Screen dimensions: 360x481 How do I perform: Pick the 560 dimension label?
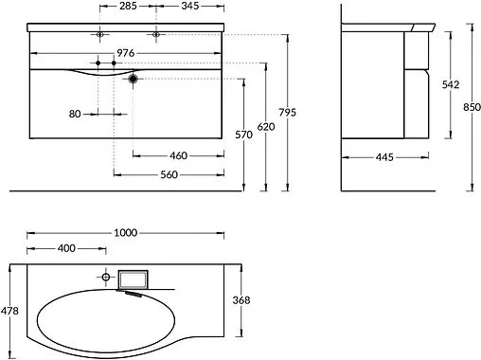click(x=169, y=174)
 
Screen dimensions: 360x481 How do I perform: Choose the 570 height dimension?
click(x=245, y=135)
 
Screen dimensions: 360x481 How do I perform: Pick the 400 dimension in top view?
click(x=66, y=248)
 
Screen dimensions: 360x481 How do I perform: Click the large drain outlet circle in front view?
click(x=134, y=80)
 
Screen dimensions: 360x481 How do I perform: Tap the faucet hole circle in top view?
click(x=105, y=277)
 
